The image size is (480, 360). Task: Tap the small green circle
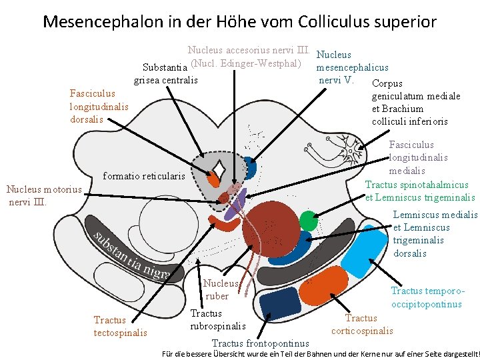[x=308, y=221]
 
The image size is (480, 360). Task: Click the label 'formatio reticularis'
[x=144, y=177]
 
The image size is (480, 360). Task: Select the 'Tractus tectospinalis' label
[x=120, y=326]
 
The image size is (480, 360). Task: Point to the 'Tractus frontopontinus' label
[x=260, y=343]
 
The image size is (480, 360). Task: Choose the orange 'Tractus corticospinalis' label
[x=362, y=325]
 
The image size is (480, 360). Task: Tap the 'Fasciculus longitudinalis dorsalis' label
[x=99, y=107]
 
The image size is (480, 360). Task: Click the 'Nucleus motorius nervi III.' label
[x=43, y=195]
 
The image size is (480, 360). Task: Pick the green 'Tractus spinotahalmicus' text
[x=417, y=185]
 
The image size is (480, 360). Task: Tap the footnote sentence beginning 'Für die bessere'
[x=320, y=353]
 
